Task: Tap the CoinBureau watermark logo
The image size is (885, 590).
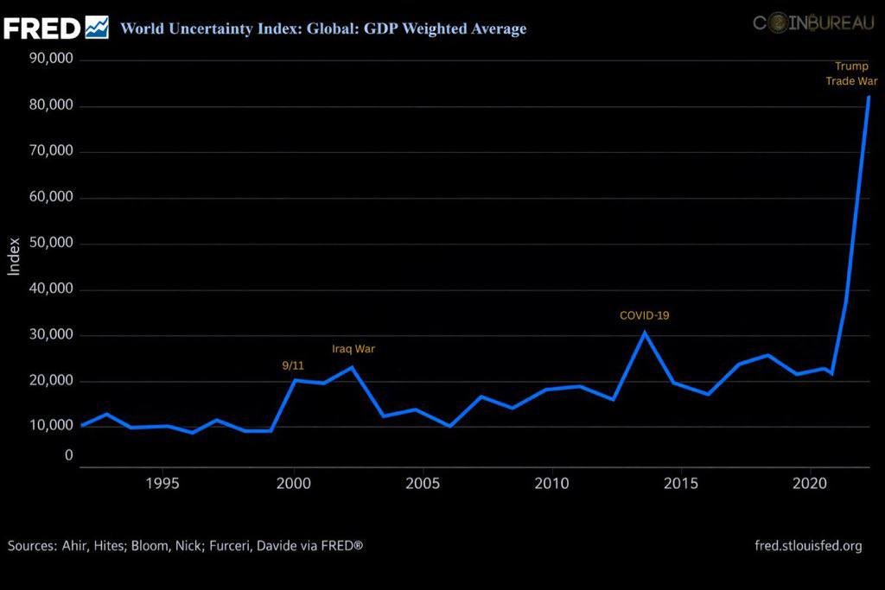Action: (x=813, y=24)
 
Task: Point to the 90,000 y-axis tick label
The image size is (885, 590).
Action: (x=50, y=60)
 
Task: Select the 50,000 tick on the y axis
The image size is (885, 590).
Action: (x=50, y=244)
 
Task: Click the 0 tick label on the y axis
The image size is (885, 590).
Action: (x=67, y=455)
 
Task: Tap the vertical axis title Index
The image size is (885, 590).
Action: (x=14, y=257)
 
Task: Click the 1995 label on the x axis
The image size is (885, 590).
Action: (x=162, y=482)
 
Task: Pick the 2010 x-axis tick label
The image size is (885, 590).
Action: (x=551, y=482)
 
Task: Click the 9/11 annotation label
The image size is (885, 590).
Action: (x=293, y=365)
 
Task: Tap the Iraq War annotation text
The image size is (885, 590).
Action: (x=353, y=349)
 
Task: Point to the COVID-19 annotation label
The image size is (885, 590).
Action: (x=644, y=315)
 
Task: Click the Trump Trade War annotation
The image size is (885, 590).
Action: (x=851, y=73)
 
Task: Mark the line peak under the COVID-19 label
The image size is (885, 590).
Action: (x=644, y=333)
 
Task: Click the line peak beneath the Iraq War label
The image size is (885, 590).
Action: (x=351, y=367)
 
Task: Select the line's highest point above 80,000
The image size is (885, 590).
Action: (x=869, y=97)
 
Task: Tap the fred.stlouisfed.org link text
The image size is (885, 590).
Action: (x=808, y=546)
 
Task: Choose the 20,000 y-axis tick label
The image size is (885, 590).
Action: (x=50, y=381)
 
